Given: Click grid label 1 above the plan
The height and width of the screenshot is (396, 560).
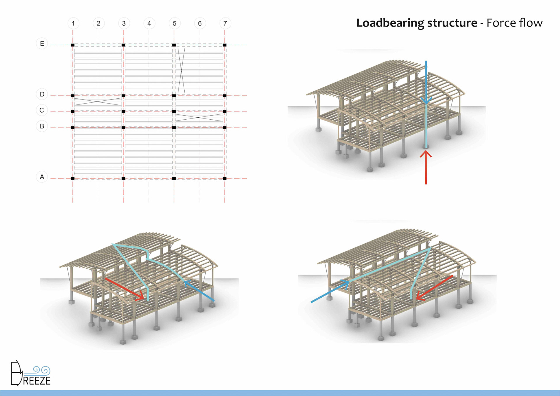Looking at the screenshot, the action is point(73,23).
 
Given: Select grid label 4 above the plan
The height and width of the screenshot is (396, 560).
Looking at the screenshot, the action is point(149,23).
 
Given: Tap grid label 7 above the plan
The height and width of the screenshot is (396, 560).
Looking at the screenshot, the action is point(225,23).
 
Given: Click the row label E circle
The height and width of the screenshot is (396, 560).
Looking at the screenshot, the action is point(42,44).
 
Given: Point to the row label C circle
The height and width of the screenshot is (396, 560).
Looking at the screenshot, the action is point(42,110).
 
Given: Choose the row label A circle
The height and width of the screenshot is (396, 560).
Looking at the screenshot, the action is point(42,177).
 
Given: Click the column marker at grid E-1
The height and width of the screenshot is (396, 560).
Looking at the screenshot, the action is point(73,45).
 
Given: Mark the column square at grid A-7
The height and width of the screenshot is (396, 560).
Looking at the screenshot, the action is point(225,178).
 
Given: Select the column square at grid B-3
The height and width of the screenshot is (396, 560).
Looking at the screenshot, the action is point(123,128).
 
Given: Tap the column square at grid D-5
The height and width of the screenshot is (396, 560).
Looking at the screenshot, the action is point(174,96).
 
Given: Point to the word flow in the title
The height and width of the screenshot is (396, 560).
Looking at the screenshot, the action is point(530,23).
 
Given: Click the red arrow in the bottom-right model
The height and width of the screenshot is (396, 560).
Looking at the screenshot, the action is point(434,288).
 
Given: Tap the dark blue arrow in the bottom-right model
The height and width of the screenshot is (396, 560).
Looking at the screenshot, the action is point(330,292).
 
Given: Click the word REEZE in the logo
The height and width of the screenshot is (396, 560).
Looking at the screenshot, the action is point(37,381).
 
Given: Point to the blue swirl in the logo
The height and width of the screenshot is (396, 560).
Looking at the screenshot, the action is point(41,370).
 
